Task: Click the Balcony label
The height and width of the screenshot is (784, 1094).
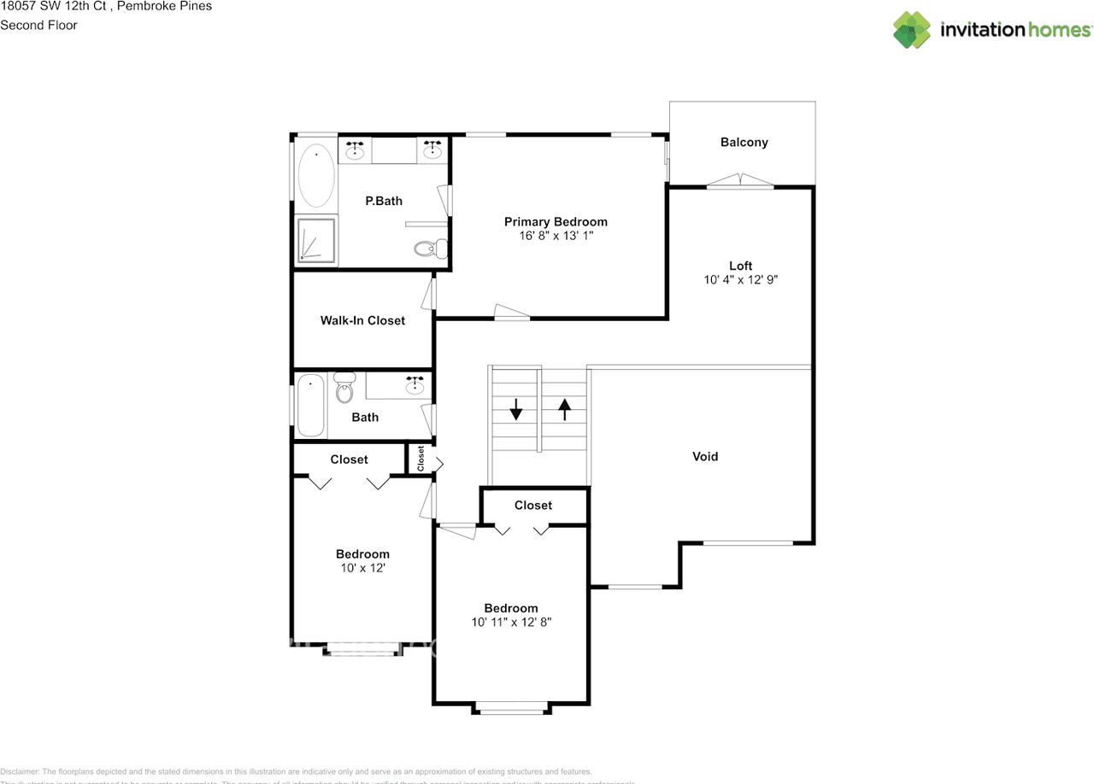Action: pyautogui.click(x=744, y=143)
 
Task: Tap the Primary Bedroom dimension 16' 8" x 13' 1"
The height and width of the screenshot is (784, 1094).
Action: pyautogui.click(x=556, y=236)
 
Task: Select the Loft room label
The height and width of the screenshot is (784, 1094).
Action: pyautogui.click(x=740, y=266)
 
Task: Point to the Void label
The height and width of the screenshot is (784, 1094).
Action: pyautogui.click(x=705, y=457)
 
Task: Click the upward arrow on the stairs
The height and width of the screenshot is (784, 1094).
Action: pyautogui.click(x=564, y=409)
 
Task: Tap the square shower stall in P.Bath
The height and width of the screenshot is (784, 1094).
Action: pyautogui.click(x=315, y=240)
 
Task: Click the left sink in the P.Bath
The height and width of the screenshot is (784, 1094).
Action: pyautogui.click(x=356, y=152)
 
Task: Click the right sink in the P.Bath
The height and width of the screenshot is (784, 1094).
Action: pyautogui.click(x=433, y=152)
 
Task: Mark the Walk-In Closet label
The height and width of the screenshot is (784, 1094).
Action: pyautogui.click(x=362, y=320)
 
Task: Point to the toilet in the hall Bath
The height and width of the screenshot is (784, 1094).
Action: pyautogui.click(x=344, y=389)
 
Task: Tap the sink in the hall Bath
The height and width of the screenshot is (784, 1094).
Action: pyautogui.click(x=415, y=385)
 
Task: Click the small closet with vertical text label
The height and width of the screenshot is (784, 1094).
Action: pyautogui.click(x=421, y=459)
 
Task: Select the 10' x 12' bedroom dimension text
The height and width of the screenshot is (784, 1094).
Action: pyautogui.click(x=362, y=567)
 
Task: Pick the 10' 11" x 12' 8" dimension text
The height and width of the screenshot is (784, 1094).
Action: pyautogui.click(x=511, y=623)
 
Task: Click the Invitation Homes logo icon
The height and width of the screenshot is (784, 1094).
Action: pyautogui.click(x=912, y=30)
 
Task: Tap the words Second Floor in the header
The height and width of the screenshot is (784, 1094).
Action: pyautogui.click(x=38, y=25)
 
